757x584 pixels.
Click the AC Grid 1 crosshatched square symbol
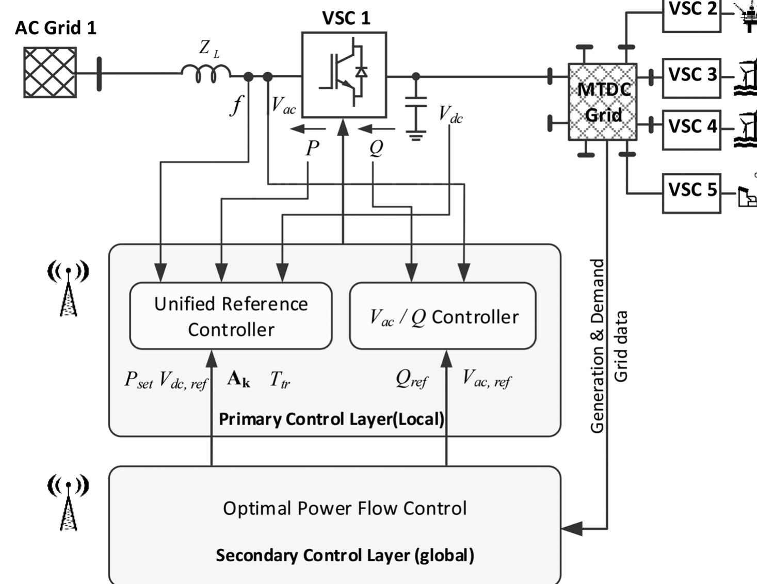click(50, 73)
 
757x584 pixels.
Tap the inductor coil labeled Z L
click(206, 73)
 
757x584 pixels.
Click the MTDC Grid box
click(602, 102)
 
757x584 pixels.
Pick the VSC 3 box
click(691, 78)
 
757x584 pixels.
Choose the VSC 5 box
click(691, 193)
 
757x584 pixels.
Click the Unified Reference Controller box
click(231, 316)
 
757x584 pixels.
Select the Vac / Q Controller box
click(443, 316)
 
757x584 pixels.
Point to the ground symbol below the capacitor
click(416, 136)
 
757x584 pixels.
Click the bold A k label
click(239, 379)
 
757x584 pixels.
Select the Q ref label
click(411, 379)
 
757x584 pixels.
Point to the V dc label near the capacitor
click(450, 115)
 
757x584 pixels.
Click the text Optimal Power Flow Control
click(345, 508)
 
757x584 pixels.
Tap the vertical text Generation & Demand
click(597, 346)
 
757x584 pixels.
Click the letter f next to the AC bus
click(236, 105)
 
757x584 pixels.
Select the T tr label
click(280, 380)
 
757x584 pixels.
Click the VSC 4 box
click(691, 129)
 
